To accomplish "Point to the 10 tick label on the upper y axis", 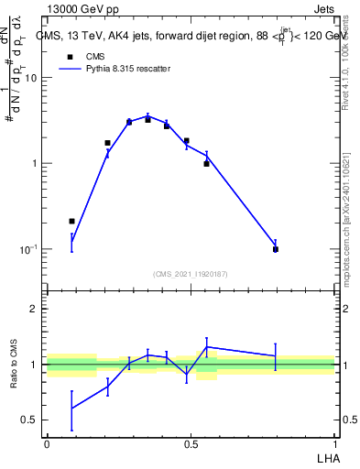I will pos(31,78).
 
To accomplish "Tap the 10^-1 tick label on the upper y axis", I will pos(29,249).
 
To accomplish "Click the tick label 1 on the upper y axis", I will pos(35,163).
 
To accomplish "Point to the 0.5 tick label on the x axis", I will pos(191,444).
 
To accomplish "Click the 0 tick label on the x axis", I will pos(46,444).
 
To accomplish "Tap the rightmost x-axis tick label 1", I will pos(335,444).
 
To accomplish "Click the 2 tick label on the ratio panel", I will pos(35,309).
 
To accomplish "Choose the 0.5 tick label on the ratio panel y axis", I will pos(30,420).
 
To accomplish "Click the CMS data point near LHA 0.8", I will pos(276,249).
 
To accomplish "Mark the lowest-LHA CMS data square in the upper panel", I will pos(71,221).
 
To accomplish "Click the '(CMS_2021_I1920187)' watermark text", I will pos(191,274).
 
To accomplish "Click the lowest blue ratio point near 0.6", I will pos(71,408).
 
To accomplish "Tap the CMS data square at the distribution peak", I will pos(147,120).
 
